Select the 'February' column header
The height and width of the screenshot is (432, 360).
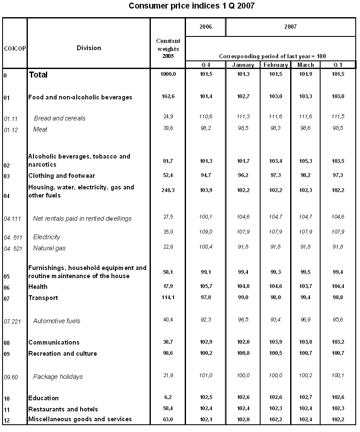pyautogui.click(x=276, y=65)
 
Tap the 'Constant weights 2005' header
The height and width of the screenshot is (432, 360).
pyautogui.click(x=168, y=48)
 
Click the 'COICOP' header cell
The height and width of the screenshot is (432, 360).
pyautogui.click(x=15, y=48)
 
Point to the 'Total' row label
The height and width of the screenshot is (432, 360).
pyautogui.click(x=38, y=75)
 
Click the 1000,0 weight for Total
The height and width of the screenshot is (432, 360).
pyautogui.click(x=168, y=74)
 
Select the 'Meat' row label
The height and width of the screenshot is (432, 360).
pyautogui.click(x=40, y=129)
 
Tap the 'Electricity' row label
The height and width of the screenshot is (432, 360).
pyautogui.click(x=47, y=237)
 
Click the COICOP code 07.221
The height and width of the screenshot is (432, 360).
pyautogui.click(x=12, y=321)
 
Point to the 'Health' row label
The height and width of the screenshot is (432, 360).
pyautogui.click(x=38, y=287)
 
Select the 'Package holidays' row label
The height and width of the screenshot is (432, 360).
pyautogui.click(x=58, y=376)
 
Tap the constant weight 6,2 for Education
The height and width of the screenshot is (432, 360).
pyautogui.click(x=168, y=397)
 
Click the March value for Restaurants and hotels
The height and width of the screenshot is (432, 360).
pyautogui.click(x=306, y=408)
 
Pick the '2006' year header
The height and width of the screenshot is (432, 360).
pyautogui.click(x=206, y=27)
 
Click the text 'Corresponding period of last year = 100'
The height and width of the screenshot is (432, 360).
pyautogui.click(x=270, y=56)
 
